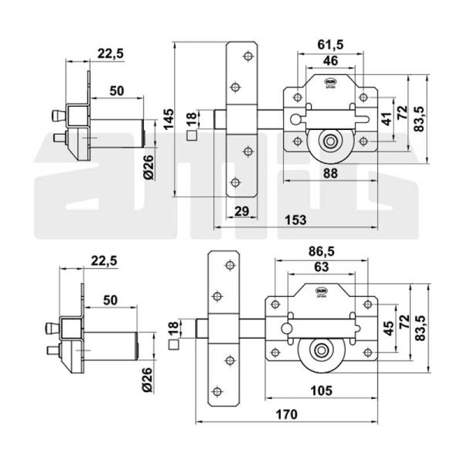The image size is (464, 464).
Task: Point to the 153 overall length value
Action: [x=295, y=220]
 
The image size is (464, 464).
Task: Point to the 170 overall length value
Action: [x=286, y=415]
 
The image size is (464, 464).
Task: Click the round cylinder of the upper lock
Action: [x=330, y=142]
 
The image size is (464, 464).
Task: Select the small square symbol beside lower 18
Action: [x=172, y=335]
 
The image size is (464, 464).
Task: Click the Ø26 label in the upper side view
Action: [x=152, y=165]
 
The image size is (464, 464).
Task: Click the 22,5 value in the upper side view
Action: [x=108, y=53]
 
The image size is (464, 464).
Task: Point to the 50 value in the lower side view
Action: [x=108, y=299]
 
